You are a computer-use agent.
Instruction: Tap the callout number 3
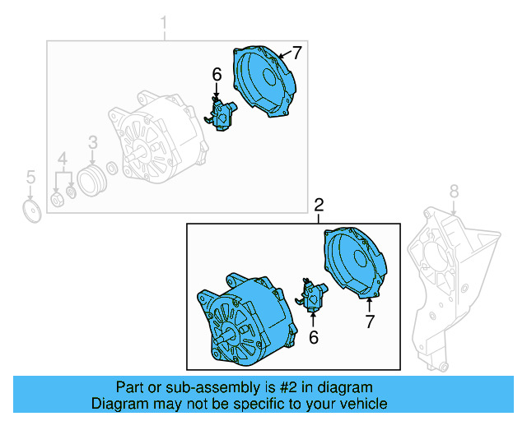(93, 142)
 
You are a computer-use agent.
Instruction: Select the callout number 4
(63, 158)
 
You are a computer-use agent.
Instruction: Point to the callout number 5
(30, 177)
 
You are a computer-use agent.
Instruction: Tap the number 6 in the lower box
(313, 336)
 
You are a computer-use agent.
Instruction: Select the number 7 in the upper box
(296, 53)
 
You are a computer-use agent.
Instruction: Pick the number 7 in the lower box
(370, 322)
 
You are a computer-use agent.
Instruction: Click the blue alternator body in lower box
(243, 321)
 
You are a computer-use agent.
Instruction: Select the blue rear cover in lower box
(354, 263)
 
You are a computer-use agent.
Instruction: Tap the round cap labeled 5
(31, 211)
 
